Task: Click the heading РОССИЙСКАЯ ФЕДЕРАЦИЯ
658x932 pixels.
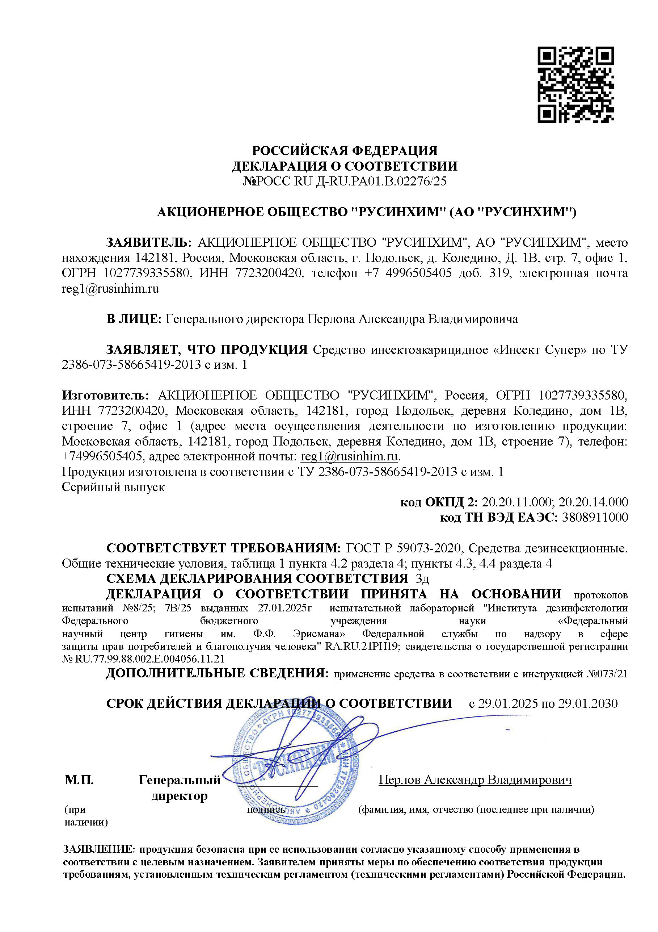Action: pos(345,151)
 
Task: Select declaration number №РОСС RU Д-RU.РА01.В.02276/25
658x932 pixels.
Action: pos(345,181)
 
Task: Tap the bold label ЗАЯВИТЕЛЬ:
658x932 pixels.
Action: pos(148,243)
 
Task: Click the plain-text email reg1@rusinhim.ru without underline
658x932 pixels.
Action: pos(110,289)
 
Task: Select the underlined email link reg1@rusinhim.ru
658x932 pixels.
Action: pos(349,456)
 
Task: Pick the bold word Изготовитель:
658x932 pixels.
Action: pos(105,396)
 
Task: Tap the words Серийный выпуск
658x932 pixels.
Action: pos(113,487)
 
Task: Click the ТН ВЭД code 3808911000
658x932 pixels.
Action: pos(595,518)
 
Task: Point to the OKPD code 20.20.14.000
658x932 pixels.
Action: pos(593,502)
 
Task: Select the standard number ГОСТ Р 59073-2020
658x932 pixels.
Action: pos(404,548)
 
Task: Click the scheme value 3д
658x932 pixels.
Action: pos(422,579)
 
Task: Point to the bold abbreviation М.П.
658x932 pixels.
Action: pos(79,780)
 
